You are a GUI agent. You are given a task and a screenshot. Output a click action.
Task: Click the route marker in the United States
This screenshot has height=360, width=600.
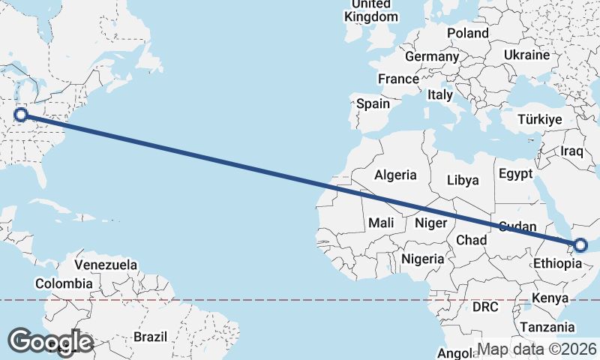point(21,115)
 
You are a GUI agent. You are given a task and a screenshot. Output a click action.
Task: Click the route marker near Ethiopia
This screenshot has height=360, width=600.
point(580,245)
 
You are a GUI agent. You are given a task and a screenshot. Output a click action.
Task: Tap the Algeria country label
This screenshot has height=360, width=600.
point(395,175)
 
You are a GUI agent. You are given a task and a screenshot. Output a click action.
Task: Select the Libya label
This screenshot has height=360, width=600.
point(462,180)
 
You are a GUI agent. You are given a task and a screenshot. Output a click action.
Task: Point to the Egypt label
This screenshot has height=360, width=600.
point(515,173)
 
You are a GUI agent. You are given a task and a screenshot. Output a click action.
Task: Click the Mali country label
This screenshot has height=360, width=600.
point(381,223)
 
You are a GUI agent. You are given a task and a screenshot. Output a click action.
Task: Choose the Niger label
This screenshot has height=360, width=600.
point(431,223)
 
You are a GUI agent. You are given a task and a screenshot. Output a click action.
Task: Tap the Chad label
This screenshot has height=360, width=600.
point(472,240)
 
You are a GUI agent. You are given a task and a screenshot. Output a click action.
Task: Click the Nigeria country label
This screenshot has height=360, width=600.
point(423,259)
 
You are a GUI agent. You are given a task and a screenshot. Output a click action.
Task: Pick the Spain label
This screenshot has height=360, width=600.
point(373,104)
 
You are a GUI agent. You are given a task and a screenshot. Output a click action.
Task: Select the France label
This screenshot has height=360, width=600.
point(398,79)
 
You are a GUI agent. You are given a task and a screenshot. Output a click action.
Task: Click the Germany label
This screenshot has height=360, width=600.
point(431,56)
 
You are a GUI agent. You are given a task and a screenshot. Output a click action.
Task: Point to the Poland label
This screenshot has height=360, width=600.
point(468,33)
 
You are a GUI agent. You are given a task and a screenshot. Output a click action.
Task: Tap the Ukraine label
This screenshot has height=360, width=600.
point(526,55)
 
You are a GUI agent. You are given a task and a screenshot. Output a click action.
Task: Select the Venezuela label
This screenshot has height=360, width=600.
point(106,265)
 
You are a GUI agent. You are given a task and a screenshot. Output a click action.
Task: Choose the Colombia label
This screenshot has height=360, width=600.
point(64,283)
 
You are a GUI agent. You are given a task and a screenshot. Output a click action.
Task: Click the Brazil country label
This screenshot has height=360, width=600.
point(151,337)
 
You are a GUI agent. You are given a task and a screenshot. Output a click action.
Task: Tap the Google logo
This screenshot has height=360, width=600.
point(50,341)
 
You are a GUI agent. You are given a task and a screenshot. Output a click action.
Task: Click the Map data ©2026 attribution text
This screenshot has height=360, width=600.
point(537,349)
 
